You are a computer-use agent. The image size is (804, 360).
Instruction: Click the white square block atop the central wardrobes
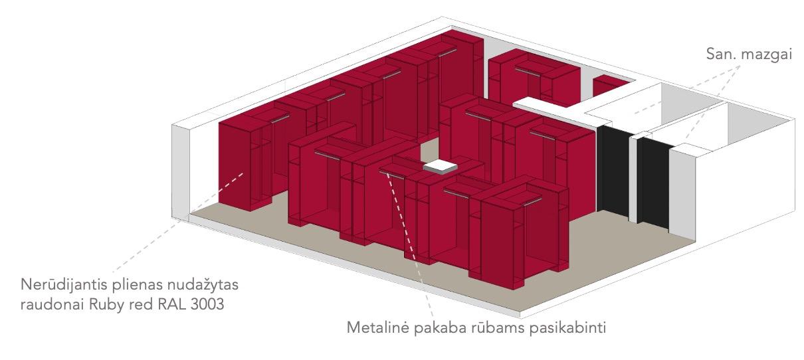441,167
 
